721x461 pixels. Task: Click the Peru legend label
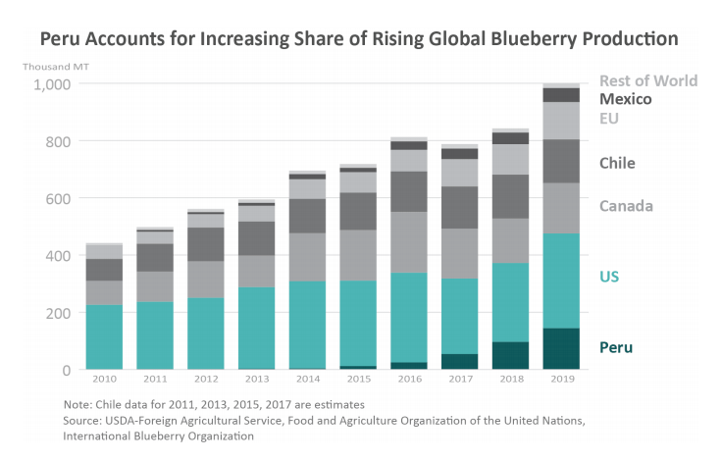pos(616,347)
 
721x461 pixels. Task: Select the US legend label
pos(609,277)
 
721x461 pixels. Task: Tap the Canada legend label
pos(626,206)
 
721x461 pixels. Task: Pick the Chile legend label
pos(618,163)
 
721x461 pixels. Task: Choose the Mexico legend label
pos(626,99)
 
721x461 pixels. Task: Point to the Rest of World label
pos(647,80)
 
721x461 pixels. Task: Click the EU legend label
pos(609,119)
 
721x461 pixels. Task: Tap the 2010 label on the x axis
pos(104,379)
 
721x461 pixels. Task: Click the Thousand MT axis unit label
pos(49,66)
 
